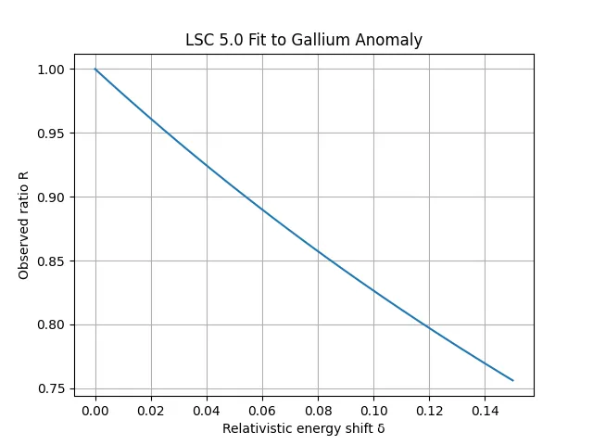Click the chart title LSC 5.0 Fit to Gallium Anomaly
[x=304, y=40]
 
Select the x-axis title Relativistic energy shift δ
[x=304, y=428]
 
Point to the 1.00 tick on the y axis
[x=52, y=70]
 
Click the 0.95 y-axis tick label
[x=52, y=133]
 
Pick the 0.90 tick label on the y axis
[x=52, y=197]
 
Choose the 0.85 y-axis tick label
[x=52, y=261]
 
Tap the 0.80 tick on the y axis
[x=52, y=325]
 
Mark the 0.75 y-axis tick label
[x=52, y=388]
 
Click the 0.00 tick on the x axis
[x=95, y=410]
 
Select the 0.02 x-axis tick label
[x=151, y=410]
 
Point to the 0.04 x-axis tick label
[x=207, y=410]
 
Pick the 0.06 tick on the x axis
[x=262, y=410]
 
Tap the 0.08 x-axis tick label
[x=318, y=410]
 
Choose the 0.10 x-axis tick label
[x=373, y=410]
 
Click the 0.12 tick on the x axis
[x=429, y=410]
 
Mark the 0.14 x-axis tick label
[x=485, y=410]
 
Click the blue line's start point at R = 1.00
[x=95, y=70]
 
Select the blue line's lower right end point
[x=512, y=380]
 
